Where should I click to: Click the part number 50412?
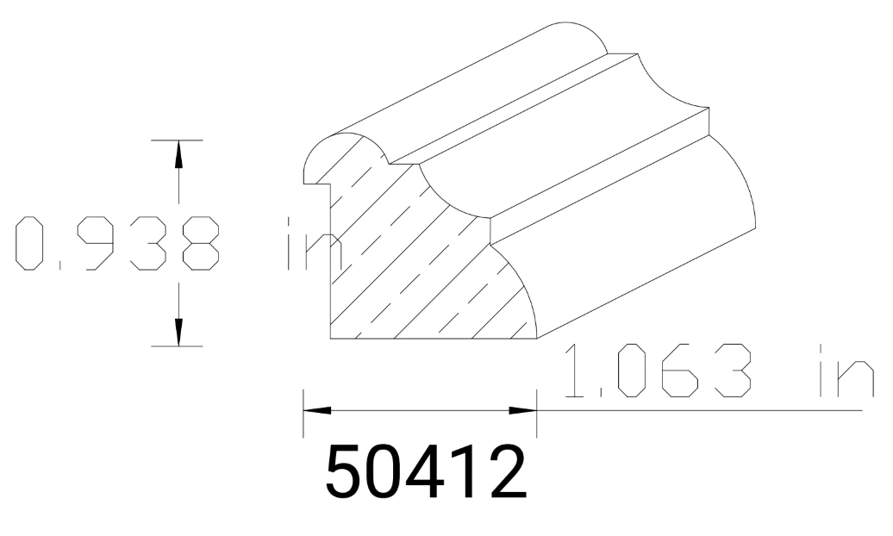[426, 472]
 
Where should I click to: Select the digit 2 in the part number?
[504, 472]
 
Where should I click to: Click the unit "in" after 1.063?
[840, 372]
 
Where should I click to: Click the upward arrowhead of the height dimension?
[178, 153]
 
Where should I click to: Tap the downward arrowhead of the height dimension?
[178, 333]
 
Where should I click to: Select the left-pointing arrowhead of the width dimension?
[315, 410]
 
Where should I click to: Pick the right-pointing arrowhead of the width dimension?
[524, 410]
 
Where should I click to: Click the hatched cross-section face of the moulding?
[405, 276]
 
